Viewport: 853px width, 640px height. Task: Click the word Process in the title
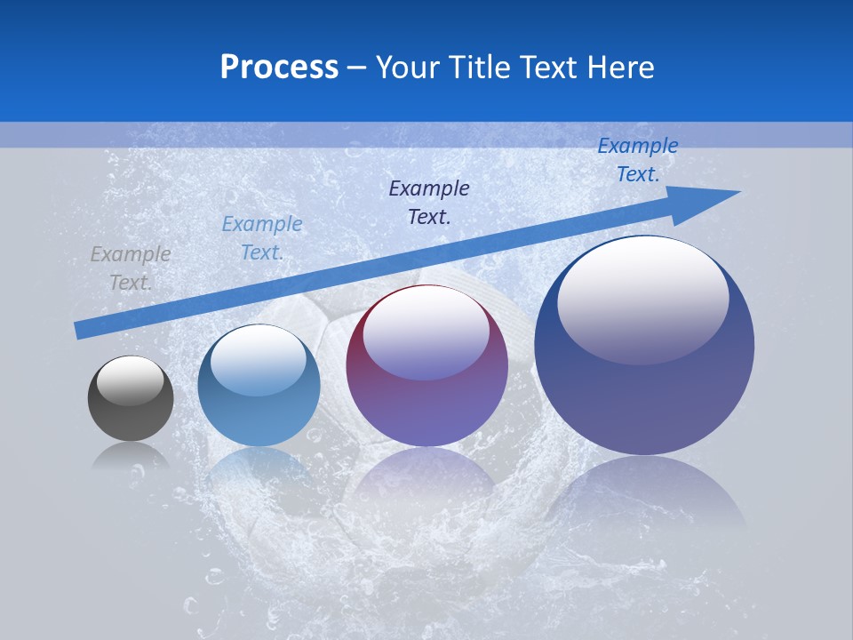[279, 68]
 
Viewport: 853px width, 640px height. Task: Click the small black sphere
[131, 399]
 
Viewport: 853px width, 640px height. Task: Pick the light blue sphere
[259, 386]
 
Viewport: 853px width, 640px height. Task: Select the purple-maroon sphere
[426, 366]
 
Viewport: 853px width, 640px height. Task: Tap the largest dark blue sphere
[644, 345]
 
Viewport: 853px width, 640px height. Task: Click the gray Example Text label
[131, 268]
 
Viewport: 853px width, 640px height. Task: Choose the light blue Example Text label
[262, 237]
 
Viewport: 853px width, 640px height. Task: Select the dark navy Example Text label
[429, 202]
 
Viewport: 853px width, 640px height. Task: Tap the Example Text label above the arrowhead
[638, 159]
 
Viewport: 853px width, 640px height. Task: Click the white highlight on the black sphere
[131, 380]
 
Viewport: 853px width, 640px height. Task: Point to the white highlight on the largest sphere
[642, 298]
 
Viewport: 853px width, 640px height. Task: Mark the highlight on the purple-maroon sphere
[426, 333]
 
